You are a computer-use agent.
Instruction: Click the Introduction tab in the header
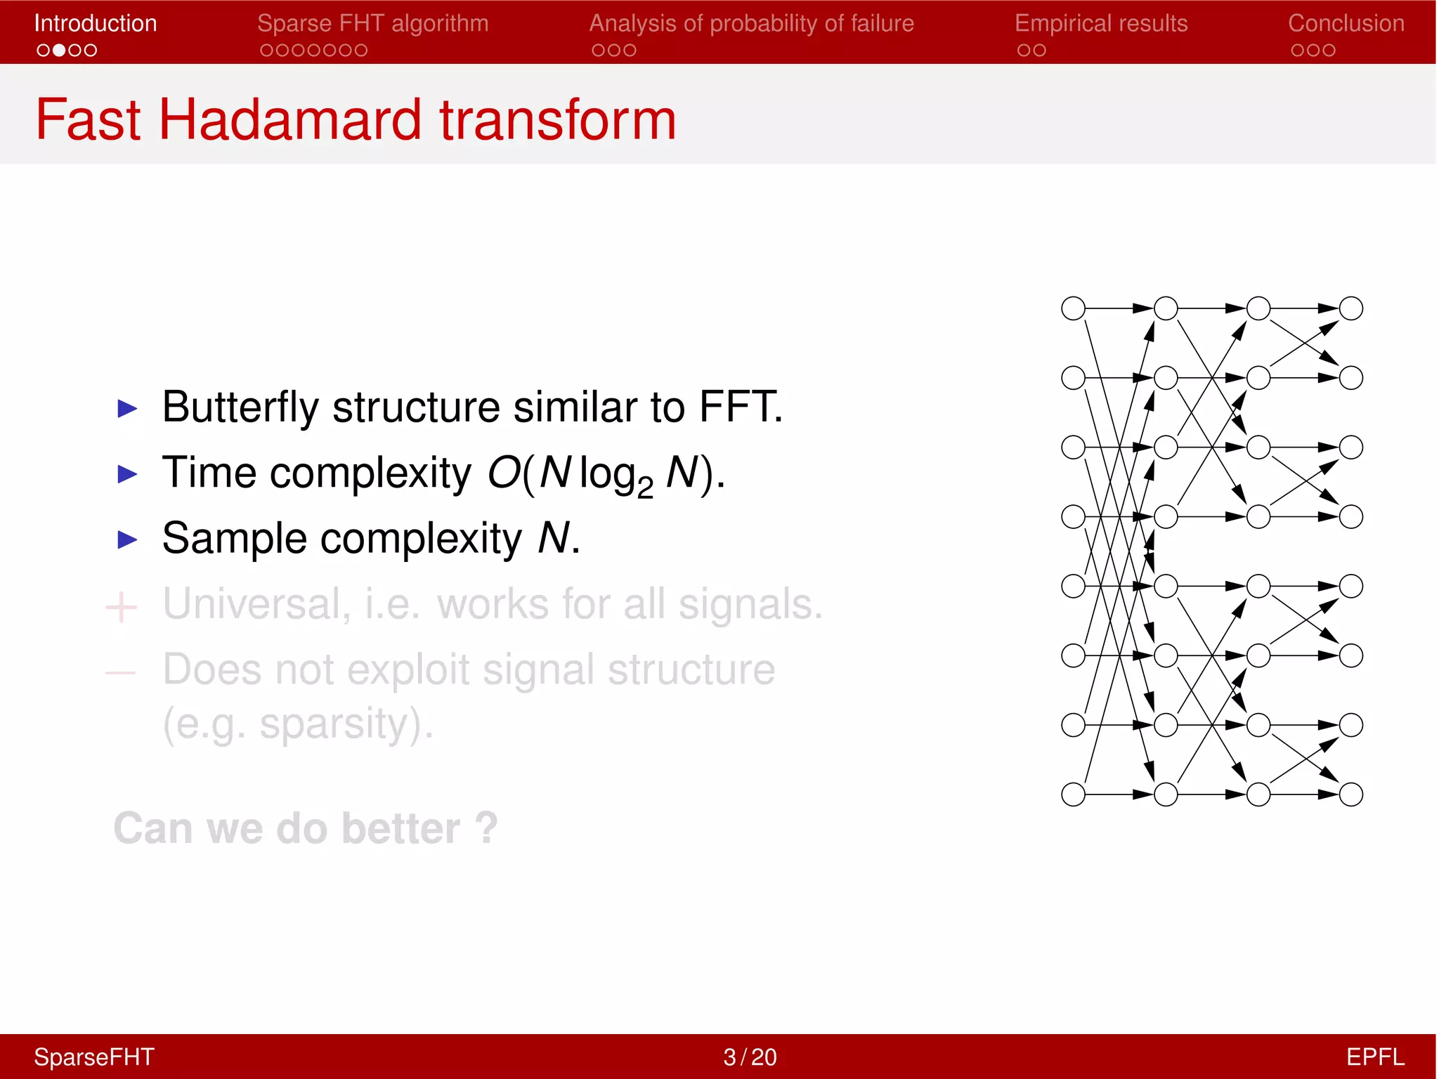(x=96, y=23)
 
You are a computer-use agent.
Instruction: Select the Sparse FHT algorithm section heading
(x=372, y=23)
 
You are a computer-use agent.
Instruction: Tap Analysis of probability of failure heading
(x=751, y=23)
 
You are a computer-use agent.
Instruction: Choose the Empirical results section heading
(x=1100, y=23)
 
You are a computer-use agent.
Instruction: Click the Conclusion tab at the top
(x=1346, y=23)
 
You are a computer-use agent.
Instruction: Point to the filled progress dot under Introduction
(x=59, y=51)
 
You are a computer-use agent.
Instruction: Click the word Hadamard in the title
(x=290, y=119)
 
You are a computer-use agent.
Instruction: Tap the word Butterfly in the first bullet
(x=240, y=407)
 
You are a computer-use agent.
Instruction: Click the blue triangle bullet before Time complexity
(x=127, y=473)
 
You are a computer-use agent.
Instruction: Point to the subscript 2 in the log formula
(x=645, y=487)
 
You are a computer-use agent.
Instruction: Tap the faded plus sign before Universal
(x=121, y=607)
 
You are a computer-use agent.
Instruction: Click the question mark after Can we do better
(x=486, y=828)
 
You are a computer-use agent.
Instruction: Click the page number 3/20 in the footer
(x=750, y=1057)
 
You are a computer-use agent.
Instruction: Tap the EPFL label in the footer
(x=1374, y=1057)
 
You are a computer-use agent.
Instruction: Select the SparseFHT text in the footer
(x=94, y=1057)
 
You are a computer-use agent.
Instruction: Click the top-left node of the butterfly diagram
(x=1073, y=308)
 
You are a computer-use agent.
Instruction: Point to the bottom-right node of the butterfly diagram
(x=1350, y=794)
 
